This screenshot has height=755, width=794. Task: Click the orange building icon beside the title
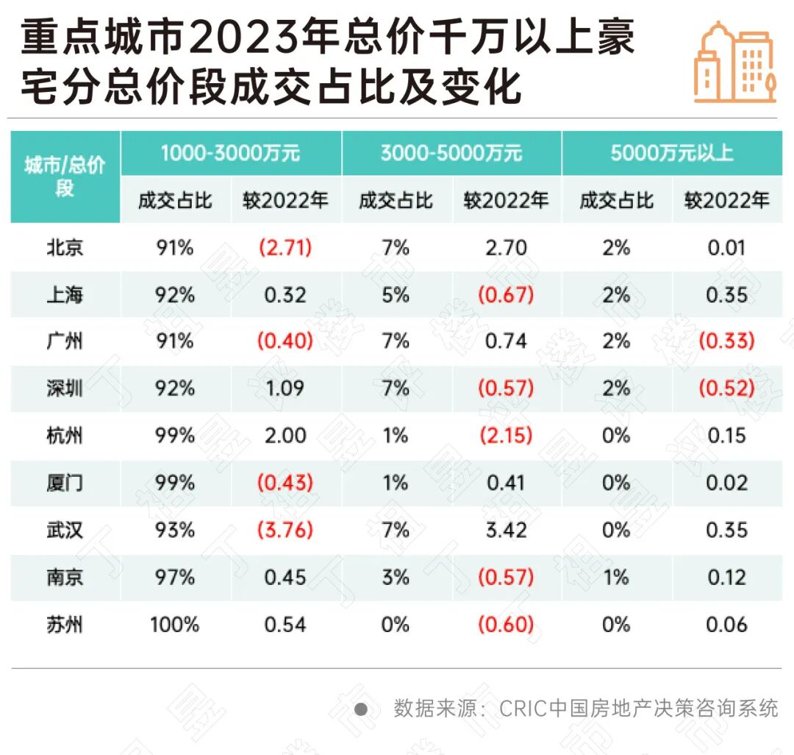(x=734, y=63)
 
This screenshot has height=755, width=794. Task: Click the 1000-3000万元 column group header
(x=231, y=153)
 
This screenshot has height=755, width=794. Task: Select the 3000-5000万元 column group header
(x=451, y=153)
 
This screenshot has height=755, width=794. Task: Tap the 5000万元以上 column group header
(x=672, y=153)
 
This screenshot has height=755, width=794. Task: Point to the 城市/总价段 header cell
(x=65, y=177)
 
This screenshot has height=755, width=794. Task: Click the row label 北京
(x=65, y=247)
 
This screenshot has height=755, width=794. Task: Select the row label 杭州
(x=65, y=436)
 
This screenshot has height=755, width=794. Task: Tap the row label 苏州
(x=65, y=625)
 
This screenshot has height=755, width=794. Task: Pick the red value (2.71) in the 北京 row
(x=285, y=247)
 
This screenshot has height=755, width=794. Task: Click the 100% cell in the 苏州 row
(x=175, y=625)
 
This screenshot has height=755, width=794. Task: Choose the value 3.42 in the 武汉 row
(x=506, y=530)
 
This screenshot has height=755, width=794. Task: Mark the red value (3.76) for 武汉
(x=285, y=530)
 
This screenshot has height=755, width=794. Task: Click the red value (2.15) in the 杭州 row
(x=506, y=436)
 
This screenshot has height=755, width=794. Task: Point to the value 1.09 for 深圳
(x=285, y=389)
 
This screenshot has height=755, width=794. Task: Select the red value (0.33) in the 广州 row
(x=726, y=341)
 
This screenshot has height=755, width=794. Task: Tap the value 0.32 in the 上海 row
(x=285, y=294)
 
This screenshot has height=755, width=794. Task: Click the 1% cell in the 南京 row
(x=616, y=578)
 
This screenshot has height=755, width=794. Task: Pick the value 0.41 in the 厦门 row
(x=506, y=483)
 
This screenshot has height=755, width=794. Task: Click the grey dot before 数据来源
(x=361, y=709)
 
